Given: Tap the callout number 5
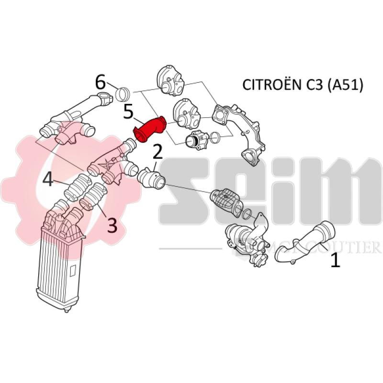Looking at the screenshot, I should coord(128,112).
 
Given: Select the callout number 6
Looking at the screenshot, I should coord(101,82).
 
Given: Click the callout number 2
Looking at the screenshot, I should coord(158,153).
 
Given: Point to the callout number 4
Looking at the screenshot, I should coord(48,180).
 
